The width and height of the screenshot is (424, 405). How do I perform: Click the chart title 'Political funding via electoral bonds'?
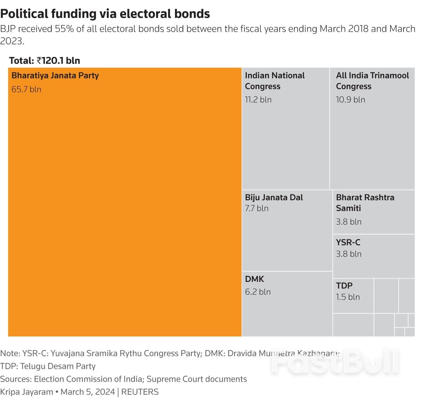[105, 14]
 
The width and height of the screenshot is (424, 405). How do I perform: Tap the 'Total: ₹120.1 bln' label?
[45, 60]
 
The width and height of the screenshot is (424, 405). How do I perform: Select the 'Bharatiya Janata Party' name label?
[55, 76]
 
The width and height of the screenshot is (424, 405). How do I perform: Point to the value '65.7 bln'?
[26, 89]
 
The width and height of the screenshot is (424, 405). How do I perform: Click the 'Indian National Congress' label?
[275, 81]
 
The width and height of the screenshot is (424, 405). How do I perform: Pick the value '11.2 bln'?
[258, 100]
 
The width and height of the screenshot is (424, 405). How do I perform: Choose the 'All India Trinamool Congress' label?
[372, 81]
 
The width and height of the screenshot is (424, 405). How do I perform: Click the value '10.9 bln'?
[350, 100]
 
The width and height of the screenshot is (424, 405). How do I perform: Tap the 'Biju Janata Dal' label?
[274, 197]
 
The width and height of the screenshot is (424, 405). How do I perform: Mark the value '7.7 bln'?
[257, 208]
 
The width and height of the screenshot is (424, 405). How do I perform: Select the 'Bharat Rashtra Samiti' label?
[365, 203]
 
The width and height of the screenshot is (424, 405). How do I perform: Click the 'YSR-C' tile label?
[348, 242]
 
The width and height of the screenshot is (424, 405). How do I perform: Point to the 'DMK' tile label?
[254, 279]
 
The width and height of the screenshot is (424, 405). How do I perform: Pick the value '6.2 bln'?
[258, 292]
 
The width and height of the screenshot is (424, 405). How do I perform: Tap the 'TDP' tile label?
[344, 285]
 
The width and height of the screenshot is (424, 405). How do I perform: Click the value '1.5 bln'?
[348, 297]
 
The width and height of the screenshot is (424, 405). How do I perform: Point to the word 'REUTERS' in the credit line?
[140, 392]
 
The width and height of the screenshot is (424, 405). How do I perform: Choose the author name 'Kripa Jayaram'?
[27, 392]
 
